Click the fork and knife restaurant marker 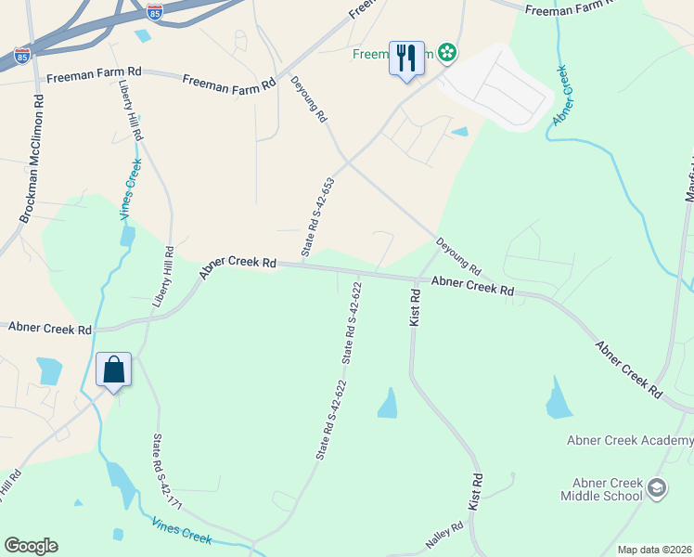click(406, 58)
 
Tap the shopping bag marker click(113, 369)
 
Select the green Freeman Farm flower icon click(448, 52)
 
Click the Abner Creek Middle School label click(601, 489)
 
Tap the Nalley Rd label click(443, 535)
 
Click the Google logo click(31, 546)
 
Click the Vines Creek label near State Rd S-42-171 click(182, 533)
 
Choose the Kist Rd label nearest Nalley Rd click(478, 492)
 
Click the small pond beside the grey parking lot click(459, 133)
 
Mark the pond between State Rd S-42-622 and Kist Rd click(388, 403)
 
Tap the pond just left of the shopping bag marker click(48, 370)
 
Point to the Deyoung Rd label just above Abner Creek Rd click(459, 254)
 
